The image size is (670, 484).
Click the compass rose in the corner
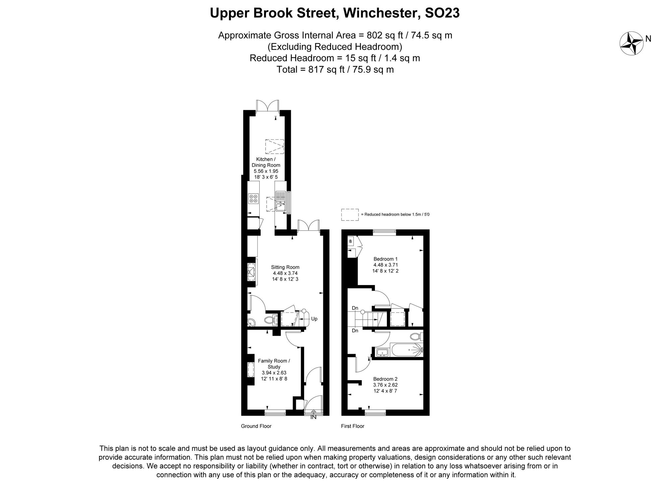pos(631,43)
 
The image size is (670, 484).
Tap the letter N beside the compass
pos(648,39)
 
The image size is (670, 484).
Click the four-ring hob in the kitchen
pos(253,199)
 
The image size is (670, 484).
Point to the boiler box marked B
pos(351,241)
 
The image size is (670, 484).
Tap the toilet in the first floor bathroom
pos(415,336)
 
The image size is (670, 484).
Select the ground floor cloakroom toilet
pos(270,320)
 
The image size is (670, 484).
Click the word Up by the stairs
pos(314,319)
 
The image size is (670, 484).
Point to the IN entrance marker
pos(313,417)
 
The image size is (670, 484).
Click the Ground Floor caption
pos(256,426)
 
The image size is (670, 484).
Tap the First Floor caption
pos(352,426)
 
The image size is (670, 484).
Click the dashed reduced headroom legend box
pos(350,214)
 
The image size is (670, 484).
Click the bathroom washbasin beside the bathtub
pos(382,352)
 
